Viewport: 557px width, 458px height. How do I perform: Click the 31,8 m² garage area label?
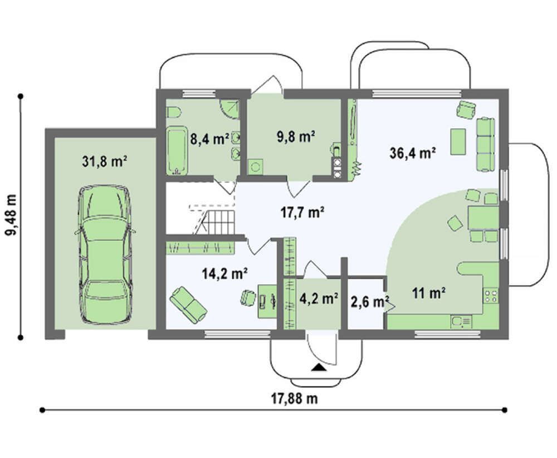105,161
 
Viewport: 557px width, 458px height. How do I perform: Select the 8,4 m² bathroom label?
209,138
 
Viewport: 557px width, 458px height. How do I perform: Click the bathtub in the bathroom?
177,151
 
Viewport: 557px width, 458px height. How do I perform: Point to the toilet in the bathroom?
174,113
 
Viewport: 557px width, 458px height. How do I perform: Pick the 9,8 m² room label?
296,136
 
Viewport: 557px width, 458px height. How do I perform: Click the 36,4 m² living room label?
413,153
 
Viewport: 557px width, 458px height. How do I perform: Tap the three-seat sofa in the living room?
485,144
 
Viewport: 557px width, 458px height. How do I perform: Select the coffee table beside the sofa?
458,142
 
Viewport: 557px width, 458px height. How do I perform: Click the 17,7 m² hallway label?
302,213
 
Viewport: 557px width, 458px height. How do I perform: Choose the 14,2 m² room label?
225,274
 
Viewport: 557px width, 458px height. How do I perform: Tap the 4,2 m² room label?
319,298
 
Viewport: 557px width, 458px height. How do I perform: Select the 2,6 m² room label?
369,302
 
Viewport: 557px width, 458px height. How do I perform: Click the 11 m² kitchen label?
429,293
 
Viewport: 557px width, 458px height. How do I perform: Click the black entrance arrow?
319,368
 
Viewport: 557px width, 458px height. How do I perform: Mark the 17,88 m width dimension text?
295,398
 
